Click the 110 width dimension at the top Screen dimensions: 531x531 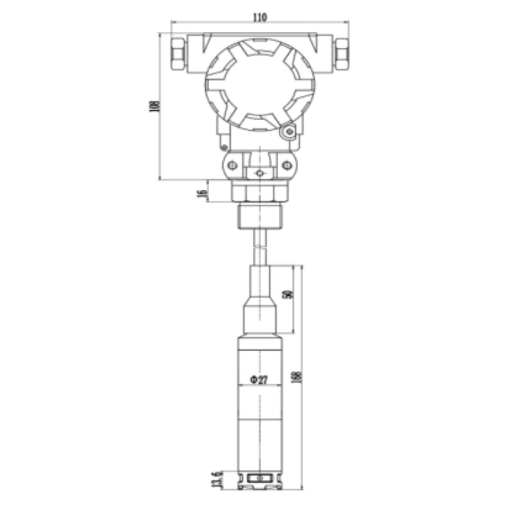tap(260, 18)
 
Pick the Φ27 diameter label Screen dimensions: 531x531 tap(258, 380)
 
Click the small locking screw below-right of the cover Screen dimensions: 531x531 tap(289, 133)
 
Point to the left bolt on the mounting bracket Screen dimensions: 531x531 tap(231, 165)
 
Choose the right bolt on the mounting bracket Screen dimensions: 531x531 tap(287, 165)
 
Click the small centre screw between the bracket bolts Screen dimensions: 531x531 tap(260, 173)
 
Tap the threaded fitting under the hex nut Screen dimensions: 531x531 tap(260, 216)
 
